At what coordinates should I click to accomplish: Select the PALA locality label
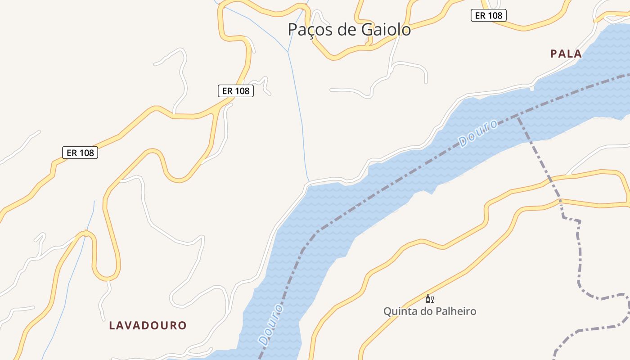566,54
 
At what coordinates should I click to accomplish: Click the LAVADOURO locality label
148,325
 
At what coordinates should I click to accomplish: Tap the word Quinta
399,311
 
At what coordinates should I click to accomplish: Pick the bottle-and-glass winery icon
429,299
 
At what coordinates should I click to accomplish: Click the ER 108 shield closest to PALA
489,15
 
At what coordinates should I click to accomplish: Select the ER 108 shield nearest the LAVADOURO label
80,153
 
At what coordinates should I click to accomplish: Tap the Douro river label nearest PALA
478,133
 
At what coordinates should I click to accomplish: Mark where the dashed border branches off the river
517,115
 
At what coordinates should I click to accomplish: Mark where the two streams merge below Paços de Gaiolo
288,52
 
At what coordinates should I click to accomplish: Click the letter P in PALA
553,54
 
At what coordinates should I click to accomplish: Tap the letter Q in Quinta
387,311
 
